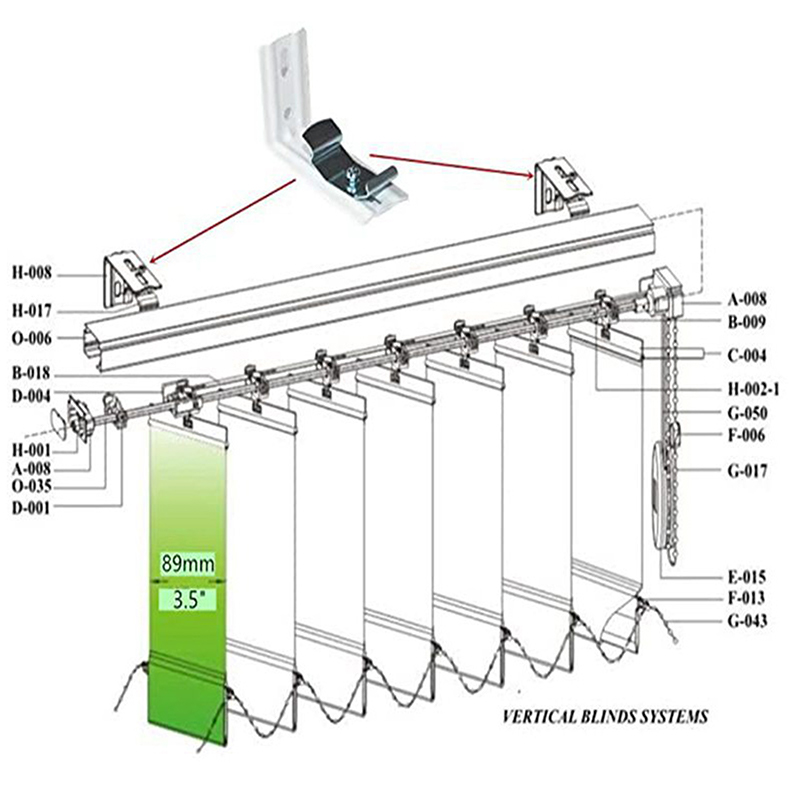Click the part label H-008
pos(32,273)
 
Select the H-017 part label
pos(32,310)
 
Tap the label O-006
pos(32,338)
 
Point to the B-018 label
pos(32,373)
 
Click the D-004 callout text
pos(32,396)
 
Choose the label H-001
pos(32,450)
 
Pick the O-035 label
pos(32,486)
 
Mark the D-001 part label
pos(32,508)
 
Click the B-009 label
pos(747,322)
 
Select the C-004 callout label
pos(747,355)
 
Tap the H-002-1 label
pos(754,390)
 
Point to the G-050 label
pos(747,413)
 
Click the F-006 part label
pos(747,435)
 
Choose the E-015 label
pos(747,577)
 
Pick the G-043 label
pos(747,621)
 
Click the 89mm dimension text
pos(188,564)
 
